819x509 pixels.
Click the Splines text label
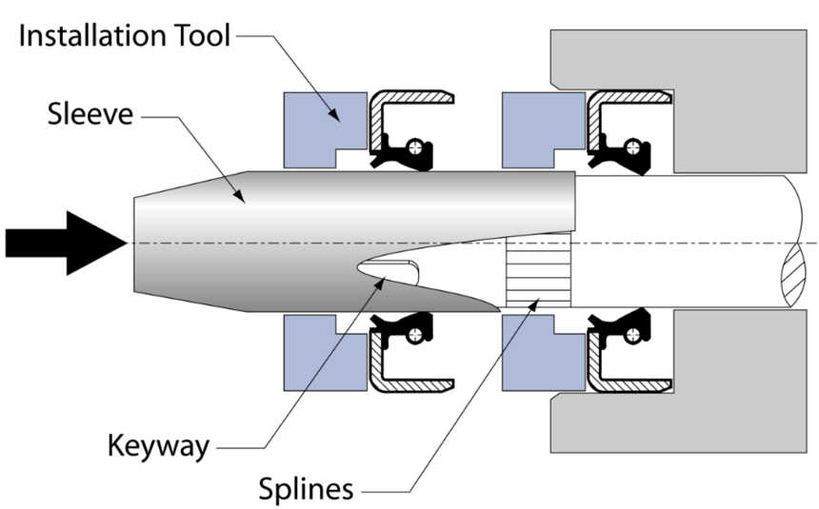tap(306, 489)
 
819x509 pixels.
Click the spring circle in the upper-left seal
tap(414, 147)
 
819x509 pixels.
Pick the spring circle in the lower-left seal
tap(414, 334)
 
